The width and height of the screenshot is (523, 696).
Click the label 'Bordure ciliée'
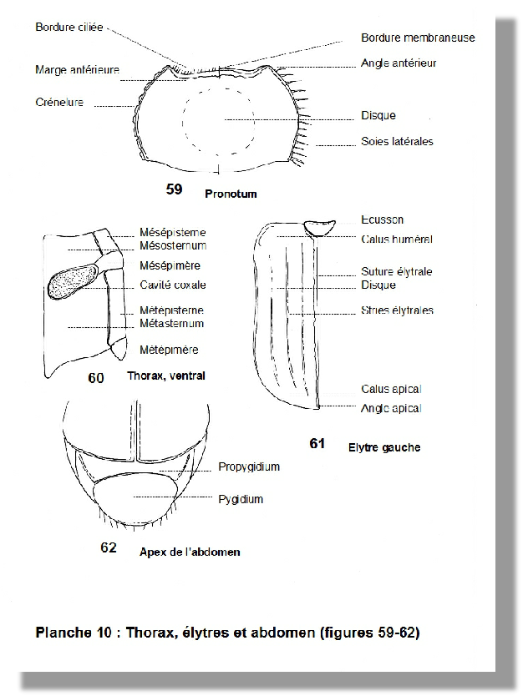69,27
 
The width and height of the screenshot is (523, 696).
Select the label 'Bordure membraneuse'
418,38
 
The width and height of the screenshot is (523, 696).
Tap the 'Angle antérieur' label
399,63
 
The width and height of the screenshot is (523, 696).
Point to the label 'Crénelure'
59,102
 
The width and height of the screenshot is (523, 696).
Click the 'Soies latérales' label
397,141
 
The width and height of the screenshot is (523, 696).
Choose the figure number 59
174,189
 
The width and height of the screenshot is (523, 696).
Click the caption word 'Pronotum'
231,194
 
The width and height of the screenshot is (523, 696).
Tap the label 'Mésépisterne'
172,232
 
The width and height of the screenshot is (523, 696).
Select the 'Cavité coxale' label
172,285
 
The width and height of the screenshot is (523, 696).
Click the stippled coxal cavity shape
73,280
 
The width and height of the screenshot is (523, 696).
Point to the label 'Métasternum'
171,323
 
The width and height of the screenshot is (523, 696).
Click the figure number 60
95,378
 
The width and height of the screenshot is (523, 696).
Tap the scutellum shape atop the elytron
318,228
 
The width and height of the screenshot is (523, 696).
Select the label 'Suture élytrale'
396,271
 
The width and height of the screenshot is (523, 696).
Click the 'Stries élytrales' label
397,310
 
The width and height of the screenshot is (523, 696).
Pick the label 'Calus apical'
391,389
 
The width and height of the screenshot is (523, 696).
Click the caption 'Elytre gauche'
384,447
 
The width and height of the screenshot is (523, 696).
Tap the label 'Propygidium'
249,467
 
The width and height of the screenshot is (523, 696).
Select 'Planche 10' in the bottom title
74,632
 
